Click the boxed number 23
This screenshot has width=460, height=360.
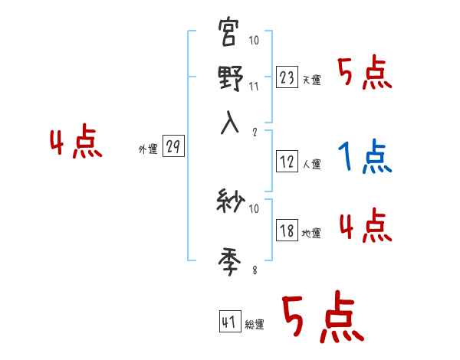click(x=287, y=77)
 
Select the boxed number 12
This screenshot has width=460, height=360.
click(x=287, y=162)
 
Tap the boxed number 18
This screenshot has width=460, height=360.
click(x=287, y=231)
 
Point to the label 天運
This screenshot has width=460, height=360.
click(x=311, y=80)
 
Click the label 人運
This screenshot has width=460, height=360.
click(x=311, y=164)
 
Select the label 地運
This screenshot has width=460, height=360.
click(x=311, y=233)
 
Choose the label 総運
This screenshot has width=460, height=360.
click(x=255, y=325)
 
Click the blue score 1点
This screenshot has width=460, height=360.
click(x=365, y=157)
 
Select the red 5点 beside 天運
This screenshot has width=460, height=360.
click(x=365, y=74)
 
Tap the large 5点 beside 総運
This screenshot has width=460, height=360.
click(x=321, y=319)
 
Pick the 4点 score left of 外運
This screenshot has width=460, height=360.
click(x=75, y=143)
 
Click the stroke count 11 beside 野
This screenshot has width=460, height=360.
click(x=254, y=87)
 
